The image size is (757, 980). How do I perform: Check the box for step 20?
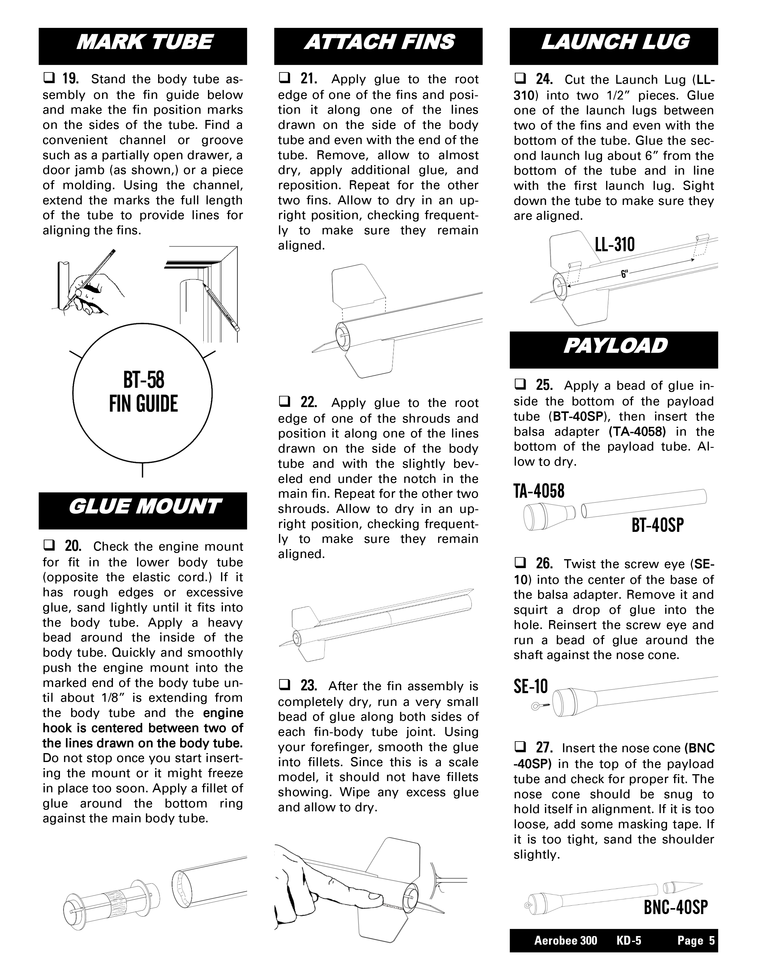(48, 546)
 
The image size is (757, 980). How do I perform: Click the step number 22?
(308, 402)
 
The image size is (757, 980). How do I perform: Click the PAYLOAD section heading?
(615, 346)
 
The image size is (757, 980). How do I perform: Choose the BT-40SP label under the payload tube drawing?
(658, 525)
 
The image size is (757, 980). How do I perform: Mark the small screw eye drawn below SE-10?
(536, 707)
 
